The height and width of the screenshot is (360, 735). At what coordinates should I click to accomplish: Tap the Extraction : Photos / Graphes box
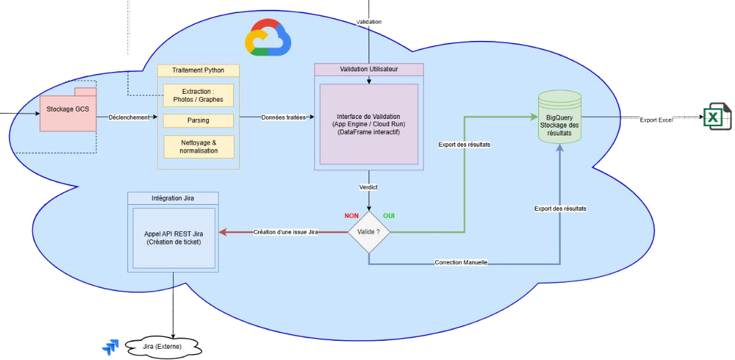pos(198,95)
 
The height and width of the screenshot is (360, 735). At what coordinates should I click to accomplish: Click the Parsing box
pos(198,120)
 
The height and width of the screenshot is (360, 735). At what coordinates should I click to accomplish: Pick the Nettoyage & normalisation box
pos(198,147)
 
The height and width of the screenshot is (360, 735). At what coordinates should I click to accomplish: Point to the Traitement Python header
pos(198,70)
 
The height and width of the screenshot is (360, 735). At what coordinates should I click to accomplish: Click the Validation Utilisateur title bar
pos(368,69)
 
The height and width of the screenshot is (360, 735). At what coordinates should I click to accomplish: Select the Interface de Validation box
pos(368,124)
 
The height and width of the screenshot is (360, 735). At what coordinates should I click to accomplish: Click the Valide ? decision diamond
pos(368,232)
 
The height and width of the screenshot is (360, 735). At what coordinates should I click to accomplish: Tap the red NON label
pos(351,215)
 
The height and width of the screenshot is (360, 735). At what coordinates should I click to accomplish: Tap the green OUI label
pos(388,215)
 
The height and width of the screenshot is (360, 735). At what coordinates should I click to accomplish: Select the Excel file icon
pos(714,118)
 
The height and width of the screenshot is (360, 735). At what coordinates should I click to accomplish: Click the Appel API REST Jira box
pos(174,238)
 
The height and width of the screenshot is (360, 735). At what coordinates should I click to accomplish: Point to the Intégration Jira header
pos(174,198)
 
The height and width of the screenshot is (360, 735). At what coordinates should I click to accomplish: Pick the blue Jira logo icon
pos(109,347)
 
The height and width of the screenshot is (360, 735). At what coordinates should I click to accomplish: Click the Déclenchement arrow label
pos(129,118)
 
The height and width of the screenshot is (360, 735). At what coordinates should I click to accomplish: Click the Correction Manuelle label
pos(461,263)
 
